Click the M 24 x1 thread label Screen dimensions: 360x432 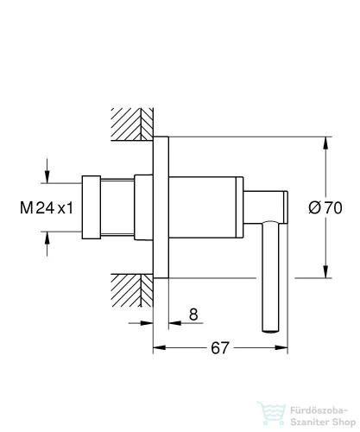47,207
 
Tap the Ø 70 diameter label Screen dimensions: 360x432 325,207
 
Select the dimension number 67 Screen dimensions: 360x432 220,348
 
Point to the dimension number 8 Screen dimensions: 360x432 193,314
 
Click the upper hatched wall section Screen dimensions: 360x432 132,124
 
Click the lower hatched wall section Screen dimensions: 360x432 132,290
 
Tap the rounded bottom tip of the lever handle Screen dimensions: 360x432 270,331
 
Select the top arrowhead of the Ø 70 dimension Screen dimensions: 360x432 325,143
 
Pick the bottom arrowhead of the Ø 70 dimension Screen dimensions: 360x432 325,271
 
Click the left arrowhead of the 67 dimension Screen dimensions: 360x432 159,347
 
